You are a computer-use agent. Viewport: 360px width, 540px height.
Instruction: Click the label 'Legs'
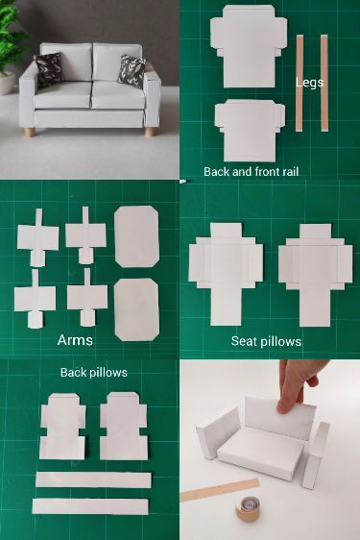[x=310, y=83]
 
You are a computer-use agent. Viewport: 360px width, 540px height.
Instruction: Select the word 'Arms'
[x=75, y=340]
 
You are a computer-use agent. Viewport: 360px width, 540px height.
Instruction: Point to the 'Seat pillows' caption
[x=266, y=341]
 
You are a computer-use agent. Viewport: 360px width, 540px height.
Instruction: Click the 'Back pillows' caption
[x=93, y=372]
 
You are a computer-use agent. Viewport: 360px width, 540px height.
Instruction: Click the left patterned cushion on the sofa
[x=47, y=69]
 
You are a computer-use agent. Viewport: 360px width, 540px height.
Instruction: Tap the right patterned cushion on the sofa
[x=131, y=70]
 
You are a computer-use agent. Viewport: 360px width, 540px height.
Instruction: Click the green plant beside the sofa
[x=12, y=43]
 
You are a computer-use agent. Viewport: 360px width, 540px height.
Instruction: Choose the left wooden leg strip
[x=300, y=83]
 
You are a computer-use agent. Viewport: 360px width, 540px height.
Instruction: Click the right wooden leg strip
[x=324, y=83]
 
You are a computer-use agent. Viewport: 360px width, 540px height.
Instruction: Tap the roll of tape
[x=250, y=507]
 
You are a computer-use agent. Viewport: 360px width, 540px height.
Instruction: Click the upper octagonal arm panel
[x=137, y=236]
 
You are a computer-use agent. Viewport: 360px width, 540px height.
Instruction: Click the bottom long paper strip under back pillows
[x=90, y=505]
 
